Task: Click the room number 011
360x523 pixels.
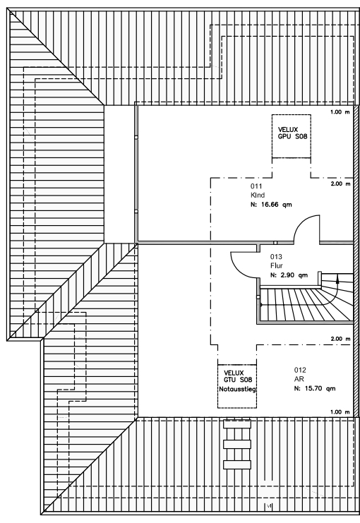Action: pos(256,186)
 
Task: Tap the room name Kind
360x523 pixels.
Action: pos(258,195)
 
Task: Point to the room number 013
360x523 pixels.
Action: pos(276,256)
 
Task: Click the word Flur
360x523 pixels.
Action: pos(277,266)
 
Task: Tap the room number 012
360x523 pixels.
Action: pos(300,370)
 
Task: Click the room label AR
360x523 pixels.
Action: pos(299,379)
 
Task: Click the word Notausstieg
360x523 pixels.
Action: pos(237,389)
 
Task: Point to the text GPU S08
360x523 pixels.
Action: pos(293,136)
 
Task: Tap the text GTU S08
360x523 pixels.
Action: pos(238,380)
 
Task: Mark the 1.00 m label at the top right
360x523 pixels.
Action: pos(340,112)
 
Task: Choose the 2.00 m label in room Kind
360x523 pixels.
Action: pos(341,184)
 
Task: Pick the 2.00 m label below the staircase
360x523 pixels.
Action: pos(341,339)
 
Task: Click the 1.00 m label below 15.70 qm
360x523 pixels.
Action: pos(340,412)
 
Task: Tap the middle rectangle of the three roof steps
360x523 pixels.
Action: pos(237,444)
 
